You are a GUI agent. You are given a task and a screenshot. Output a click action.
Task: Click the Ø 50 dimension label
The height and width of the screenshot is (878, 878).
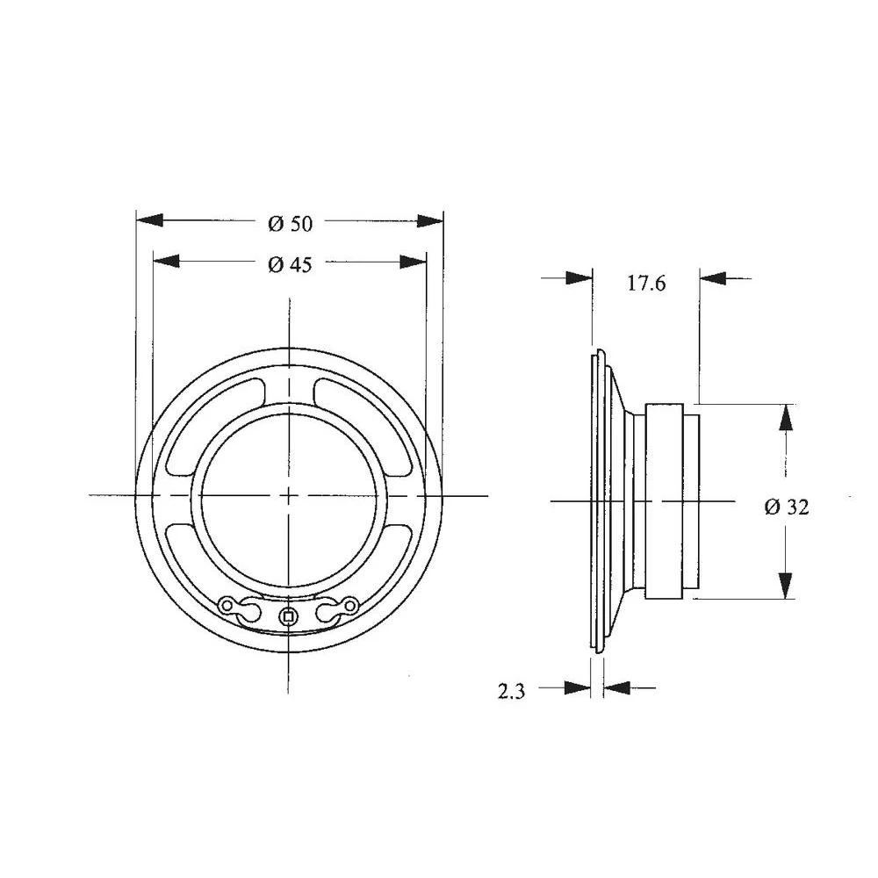pyautogui.click(x=290, y=224)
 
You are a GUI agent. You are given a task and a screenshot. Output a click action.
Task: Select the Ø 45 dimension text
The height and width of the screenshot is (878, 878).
pyautogui.click(x=290, y=264)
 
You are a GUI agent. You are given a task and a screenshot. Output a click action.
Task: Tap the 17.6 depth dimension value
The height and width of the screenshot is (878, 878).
pyautogui.click(x=647, y=284)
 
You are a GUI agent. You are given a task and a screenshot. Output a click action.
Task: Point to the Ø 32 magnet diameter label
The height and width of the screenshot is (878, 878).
pyautogui.click(x=787, y=507)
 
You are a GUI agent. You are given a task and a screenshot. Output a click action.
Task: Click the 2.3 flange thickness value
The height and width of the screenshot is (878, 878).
pyautogui.click(x=511, y=692)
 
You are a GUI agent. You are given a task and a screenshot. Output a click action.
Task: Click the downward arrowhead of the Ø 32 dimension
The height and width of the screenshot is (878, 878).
pyautogui.click(x=785, y=584)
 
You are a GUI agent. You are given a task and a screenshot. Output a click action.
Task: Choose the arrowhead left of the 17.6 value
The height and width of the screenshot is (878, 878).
pyautogui.click(x=579, y=278)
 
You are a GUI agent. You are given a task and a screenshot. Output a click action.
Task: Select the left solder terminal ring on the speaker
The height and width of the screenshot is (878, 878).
pyautogui.click(x=228, y=605)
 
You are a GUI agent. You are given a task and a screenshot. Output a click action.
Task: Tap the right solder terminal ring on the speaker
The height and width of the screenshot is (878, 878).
pyautogui.click(x=350, y=605)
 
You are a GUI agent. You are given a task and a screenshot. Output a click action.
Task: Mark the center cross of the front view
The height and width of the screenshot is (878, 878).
pyautogui.click(x=289, y=496)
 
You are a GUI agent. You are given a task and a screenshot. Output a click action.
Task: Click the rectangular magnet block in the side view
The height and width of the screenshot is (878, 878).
pyautogui.click(x=664, y=501)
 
